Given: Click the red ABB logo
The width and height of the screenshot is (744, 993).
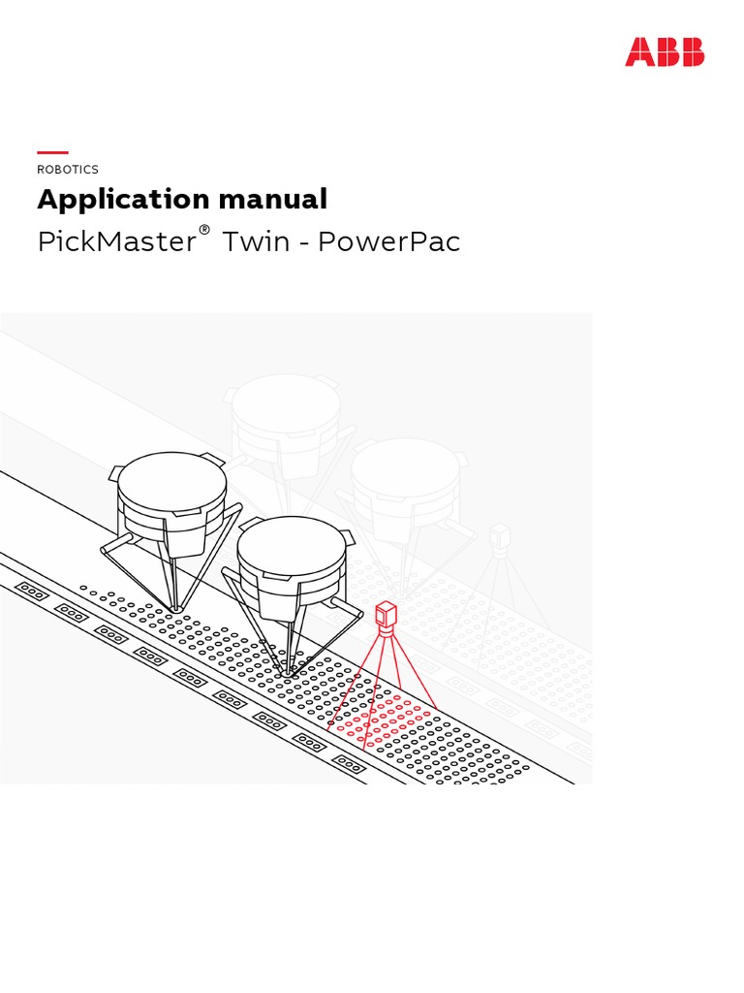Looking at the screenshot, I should (665, 51).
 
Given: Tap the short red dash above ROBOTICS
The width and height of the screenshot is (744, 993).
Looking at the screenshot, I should (52, 152).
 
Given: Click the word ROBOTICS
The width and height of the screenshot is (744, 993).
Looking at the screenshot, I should (68, 170).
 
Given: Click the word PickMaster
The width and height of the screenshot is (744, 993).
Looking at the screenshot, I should (116, 241).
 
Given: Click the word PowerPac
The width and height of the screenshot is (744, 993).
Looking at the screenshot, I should (388, 241).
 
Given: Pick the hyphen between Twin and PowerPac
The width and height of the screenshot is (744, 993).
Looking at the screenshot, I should (303, 243).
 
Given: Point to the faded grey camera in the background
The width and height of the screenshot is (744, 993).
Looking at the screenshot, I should (499, 537).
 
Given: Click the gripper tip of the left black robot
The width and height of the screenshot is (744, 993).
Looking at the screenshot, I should (175, 608).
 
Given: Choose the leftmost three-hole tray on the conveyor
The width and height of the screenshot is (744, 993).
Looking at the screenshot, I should (32, 589).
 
